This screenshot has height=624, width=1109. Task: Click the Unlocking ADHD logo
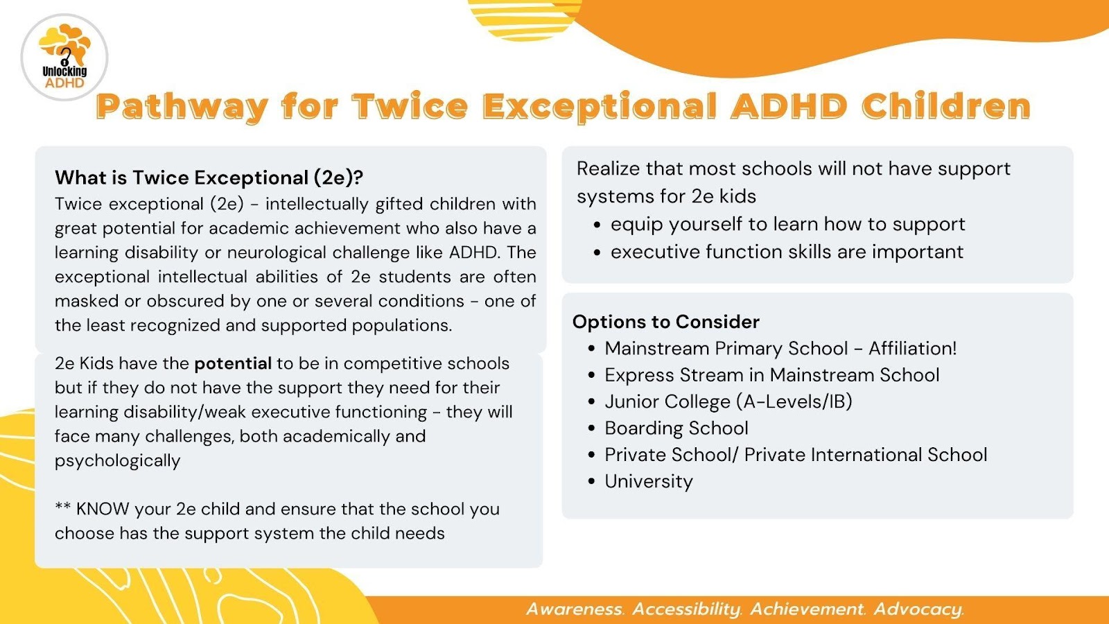[x=64, y=58]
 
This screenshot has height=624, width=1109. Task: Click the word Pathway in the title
[x=182, y=107]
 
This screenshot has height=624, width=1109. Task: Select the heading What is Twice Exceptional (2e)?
[x=209, y=177]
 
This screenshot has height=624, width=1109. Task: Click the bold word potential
[x=233, y=364]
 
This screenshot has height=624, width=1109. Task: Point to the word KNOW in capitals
[x=103, y=509]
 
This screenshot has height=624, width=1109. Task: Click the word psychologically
[x=117, y=460]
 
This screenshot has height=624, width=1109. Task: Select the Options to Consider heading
[x=666, y=322]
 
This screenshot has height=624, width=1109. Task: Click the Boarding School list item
[x=676, y=428]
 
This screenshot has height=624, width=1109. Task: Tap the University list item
[x=649, y=481]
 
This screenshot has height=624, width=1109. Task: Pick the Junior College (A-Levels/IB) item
[x=728, y=401]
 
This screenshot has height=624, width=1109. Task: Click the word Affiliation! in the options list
[x=912, y=348]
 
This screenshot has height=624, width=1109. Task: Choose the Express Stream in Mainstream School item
[x=772, y=375]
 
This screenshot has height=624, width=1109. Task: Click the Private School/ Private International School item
[x=796, y=455]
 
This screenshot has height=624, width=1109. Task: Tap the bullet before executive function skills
[x=597, y=252]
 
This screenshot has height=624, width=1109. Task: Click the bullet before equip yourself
[x=597, y=225]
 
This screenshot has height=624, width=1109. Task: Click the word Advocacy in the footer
[x=918, y=609]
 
